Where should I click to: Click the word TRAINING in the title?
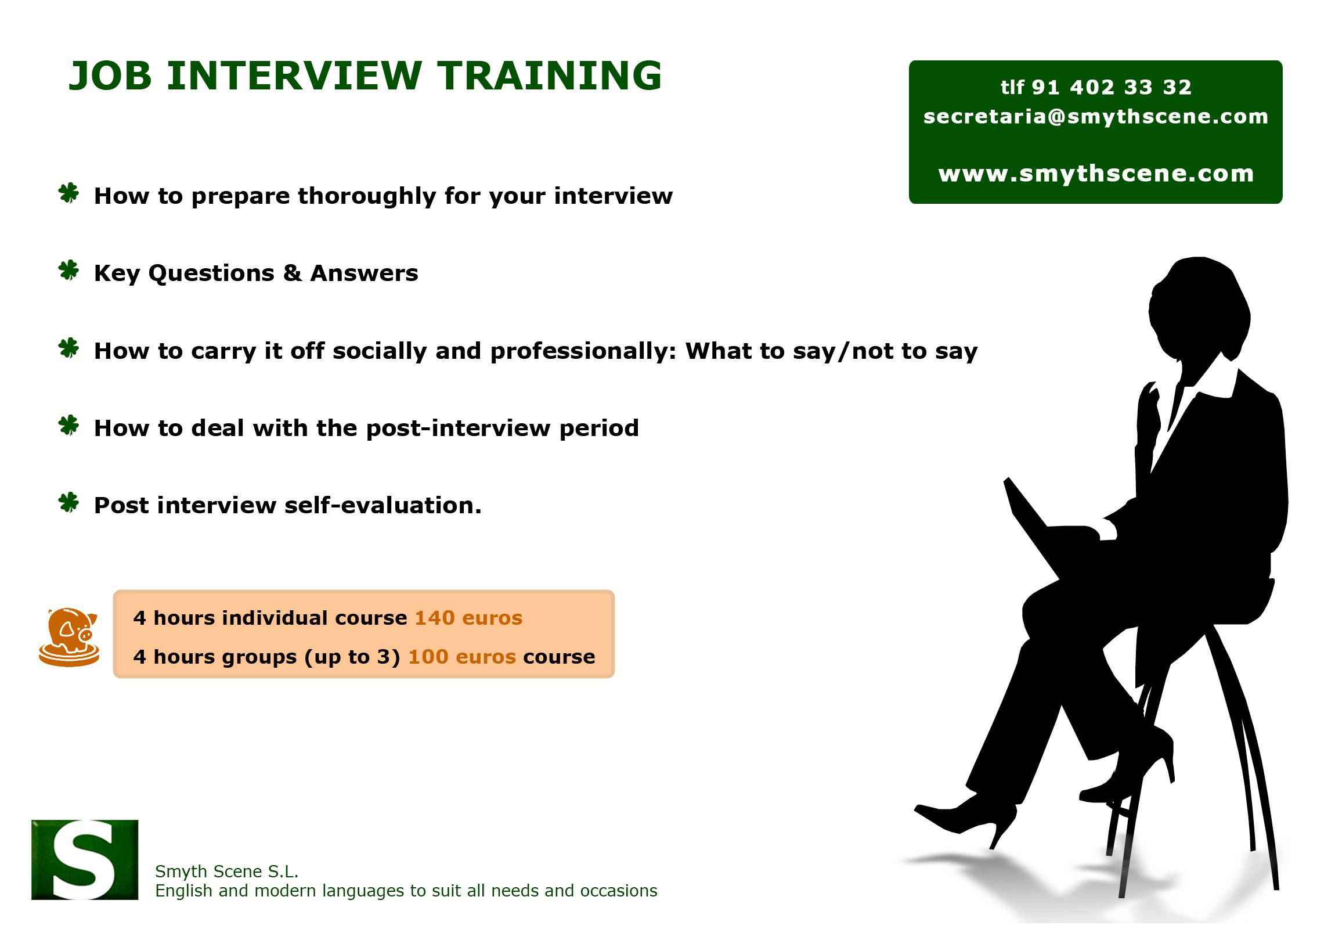click(x=550, y=75)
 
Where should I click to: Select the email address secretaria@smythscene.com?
click(x=1095, y=117)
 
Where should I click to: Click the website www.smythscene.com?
click(x=1095, y=174)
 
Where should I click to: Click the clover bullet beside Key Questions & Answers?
click(x=69, y=271)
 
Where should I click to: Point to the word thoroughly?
click(x=366, y=196)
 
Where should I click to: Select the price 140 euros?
click(x=468, y=618)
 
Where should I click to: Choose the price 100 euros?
click(x=461, y=657)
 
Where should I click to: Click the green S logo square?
click(x=85, y=859)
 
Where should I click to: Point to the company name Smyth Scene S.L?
click(x=226, y=871)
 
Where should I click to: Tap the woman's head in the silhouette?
click(x=1198, y=308)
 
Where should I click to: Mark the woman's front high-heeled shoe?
click(x=965, y=815)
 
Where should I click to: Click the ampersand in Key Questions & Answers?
click(x=292, y=273)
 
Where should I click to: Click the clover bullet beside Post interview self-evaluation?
click(x=69, y=503)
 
